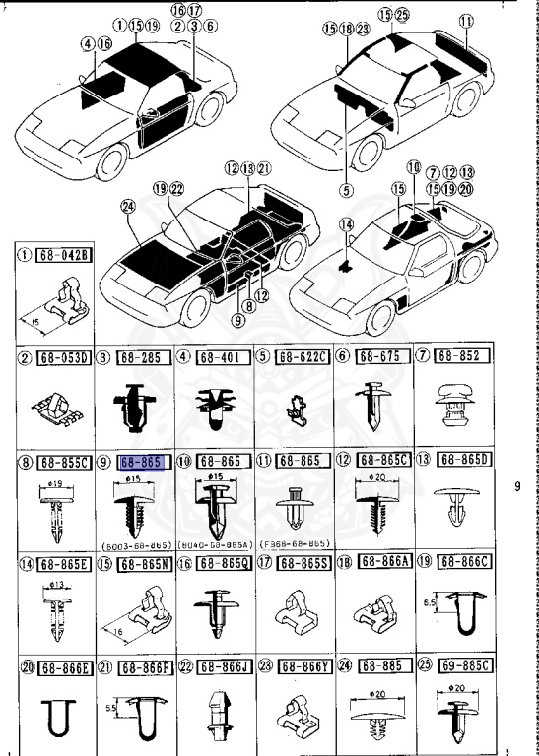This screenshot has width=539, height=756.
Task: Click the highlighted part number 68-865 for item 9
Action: (139, 461)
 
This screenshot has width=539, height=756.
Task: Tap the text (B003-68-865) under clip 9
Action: (134, 543)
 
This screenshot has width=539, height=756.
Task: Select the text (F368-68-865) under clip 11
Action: (294, 543)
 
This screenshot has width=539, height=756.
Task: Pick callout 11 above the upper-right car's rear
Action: (465, 19)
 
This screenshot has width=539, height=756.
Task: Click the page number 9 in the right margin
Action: (517, 485)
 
